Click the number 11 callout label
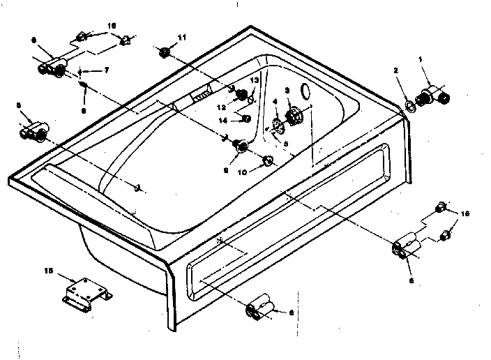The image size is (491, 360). click(x=182, y=36)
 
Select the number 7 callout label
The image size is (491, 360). click(x=107, y=70)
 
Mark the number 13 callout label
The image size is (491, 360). click(x=255, y=81)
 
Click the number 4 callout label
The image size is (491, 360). click(x=274, y=102)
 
